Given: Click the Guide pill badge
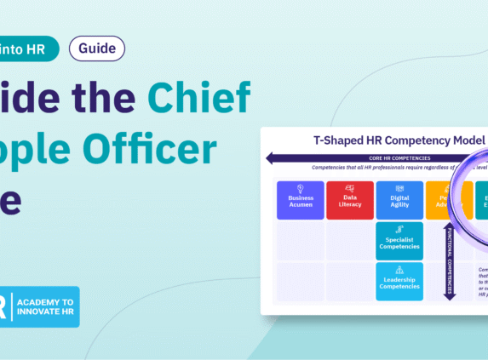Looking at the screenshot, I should click(96, 49).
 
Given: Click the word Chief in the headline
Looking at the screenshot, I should click(201, 99).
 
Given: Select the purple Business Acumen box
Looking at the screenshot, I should click(301, 199).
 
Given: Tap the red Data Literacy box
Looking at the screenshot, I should click(350, 199).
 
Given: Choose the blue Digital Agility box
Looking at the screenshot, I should click(399, 199).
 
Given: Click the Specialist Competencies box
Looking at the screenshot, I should click(399, 242).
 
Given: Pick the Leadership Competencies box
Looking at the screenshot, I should click(399, 282).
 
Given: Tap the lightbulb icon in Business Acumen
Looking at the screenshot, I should click(301, 188).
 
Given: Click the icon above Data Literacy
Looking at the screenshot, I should click(350, 188).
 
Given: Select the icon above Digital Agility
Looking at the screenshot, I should click(399, 188).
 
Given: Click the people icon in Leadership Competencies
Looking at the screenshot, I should click(399, 270).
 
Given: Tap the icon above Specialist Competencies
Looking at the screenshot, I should click(399, 230).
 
